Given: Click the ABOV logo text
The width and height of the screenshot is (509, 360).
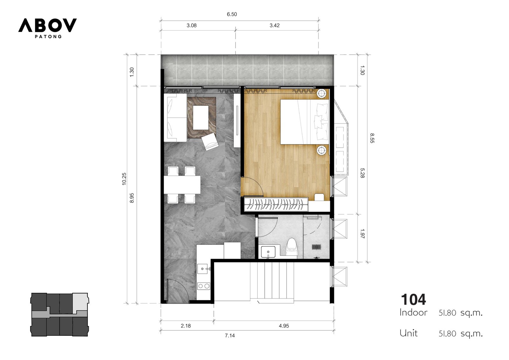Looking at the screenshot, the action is (47, 25).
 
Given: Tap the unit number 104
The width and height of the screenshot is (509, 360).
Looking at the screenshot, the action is (413, 300).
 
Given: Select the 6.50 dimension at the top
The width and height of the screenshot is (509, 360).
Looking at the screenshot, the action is (232, 14).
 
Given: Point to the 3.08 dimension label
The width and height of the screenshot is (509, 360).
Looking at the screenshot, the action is (192, 25).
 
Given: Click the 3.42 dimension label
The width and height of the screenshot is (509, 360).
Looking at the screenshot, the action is (275, 25).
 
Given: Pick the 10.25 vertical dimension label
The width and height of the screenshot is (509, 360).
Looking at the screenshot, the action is (124, 179).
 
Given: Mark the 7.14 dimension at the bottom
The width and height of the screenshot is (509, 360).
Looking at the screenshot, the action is (230, 335).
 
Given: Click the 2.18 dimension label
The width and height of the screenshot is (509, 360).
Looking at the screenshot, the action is (186, 326).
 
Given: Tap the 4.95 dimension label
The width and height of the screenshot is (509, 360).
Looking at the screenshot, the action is (284, 326).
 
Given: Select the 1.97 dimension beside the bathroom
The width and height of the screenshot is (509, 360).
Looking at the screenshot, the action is (362, 234).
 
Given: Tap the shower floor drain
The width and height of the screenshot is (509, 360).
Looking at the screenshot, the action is (316, 247).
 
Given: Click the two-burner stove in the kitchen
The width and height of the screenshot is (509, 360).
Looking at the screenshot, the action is (204, 286).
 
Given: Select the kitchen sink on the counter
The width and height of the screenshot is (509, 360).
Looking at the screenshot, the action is (203, 269).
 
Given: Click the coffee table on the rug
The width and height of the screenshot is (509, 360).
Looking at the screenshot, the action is (201, 117).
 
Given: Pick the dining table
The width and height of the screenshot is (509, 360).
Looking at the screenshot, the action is (182, 185).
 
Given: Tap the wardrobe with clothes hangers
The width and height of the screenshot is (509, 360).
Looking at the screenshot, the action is (276, 204).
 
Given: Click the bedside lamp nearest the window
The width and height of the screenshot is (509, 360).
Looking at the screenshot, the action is (322, 94).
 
